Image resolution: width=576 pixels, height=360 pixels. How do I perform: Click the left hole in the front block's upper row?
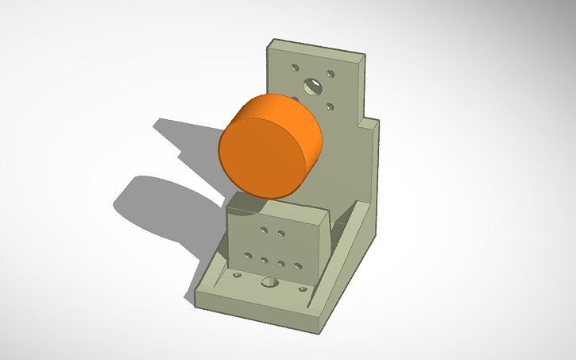[265, 231]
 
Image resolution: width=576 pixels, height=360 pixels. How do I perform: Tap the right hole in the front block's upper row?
[281, 234]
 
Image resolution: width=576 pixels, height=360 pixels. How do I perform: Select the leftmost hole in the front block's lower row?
[248, 256]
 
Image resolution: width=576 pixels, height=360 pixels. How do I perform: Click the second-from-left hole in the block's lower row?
[265, 259]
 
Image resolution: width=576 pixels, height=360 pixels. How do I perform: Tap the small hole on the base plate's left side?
[236, 275]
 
